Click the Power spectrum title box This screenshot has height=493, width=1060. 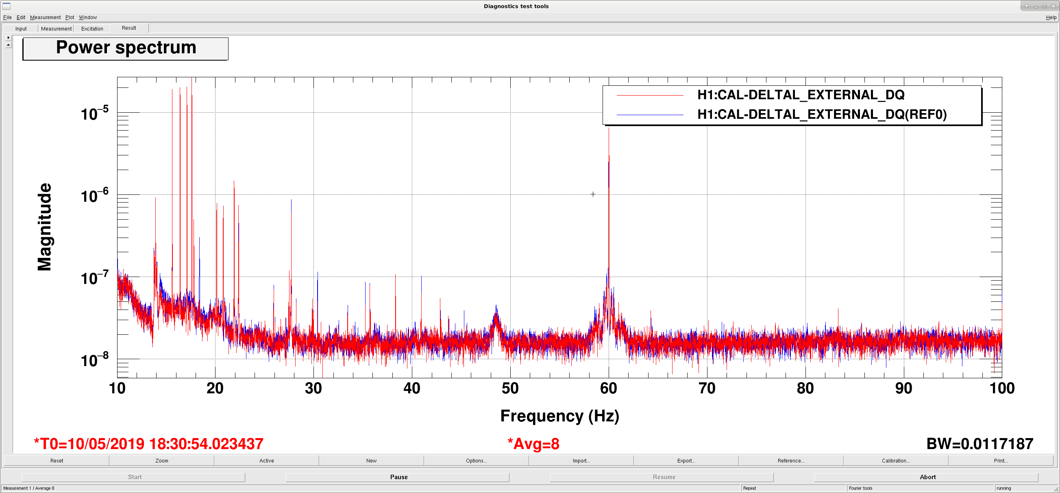126,48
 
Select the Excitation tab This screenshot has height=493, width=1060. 92,28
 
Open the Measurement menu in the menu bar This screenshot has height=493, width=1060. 45,17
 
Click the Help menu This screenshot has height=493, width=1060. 1051,17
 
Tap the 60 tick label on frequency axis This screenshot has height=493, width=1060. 609,388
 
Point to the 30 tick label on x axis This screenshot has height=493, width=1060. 313,388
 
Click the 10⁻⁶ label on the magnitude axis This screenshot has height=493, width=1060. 95,195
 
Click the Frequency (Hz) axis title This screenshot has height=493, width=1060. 559,416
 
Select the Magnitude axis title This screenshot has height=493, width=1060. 44,227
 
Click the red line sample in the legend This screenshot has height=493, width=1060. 650,96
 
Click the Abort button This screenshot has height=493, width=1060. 927,477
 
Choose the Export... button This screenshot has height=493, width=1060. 686,460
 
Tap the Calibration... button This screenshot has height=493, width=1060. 896,460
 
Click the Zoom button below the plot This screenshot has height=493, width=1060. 162,460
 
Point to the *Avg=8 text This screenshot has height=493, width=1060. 533,444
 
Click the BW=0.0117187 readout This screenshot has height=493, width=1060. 980,444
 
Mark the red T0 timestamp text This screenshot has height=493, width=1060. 148,444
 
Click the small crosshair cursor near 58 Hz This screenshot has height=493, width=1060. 593,194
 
